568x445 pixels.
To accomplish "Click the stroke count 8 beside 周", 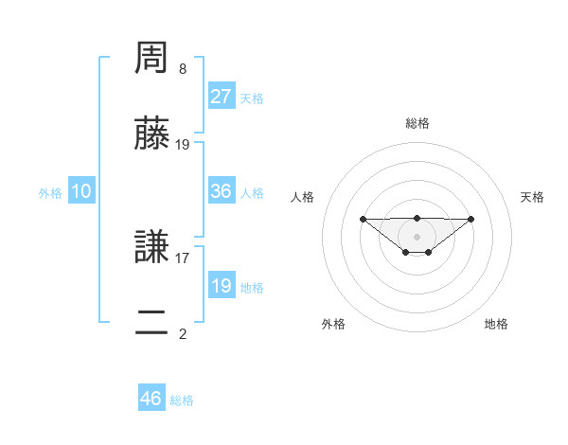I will pyautogui.click(x=183, y=69).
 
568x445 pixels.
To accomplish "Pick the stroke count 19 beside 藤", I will pyautogui.click(x=183, y=145).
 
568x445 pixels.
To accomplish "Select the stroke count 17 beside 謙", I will pyautogui.click(x=183, y=257).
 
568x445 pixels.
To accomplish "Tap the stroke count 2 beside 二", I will pyautogui.click(x=183, y=333).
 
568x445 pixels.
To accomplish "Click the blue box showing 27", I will pyautogui.click(x=222, y=97).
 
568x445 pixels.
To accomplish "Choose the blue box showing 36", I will pyautogui.click(x=222, y=191).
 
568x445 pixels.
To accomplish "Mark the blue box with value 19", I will pyautogui.click(x=222, y=286).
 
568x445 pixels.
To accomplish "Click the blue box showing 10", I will pyautogui.click(x=81, y=191).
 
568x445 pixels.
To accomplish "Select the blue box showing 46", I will pyautogui.click(x=151, y=399).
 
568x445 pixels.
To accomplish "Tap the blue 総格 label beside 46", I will pyautogui.click(x=182, y=400).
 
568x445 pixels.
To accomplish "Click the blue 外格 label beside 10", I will pyautogui.click(x=50, y=193).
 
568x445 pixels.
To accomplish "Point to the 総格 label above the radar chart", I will pyautogui.click(x=417, y=123).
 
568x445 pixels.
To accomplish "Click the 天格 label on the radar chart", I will pyautogui.click(x=532, y=197).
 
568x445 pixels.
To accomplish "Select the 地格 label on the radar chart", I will pyautogui.click(x=496, y=324).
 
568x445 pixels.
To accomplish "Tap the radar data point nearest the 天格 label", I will pyautogui.click(x=471, y=219).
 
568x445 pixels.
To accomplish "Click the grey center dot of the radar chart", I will pyautogui.click(x=417, y=237).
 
